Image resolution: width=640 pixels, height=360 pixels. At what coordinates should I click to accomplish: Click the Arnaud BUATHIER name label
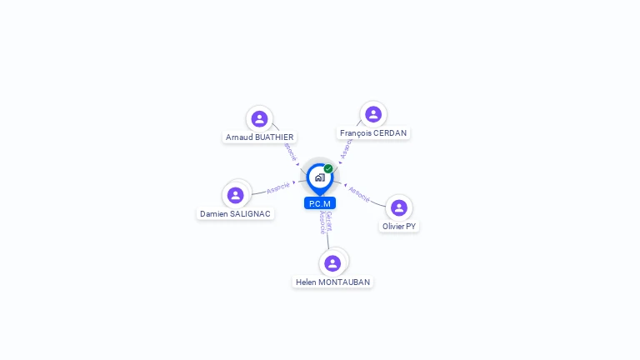click(x=259, y=137)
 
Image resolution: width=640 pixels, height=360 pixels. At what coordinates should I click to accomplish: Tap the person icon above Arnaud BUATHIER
click(x=259, y=119)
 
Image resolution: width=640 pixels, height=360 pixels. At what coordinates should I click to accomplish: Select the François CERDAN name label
click(x=374, y=132)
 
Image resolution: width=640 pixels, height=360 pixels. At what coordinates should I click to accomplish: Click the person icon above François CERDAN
click(x=373, y=114)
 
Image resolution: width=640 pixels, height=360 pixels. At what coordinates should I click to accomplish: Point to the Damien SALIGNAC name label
click(x=235, y=213)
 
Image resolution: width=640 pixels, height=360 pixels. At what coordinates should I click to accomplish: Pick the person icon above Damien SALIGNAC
click(x=236, y=195)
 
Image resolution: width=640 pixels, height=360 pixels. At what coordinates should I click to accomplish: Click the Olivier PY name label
click(x=399, y=226)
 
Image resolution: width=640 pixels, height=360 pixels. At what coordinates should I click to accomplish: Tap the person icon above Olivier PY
click(x=399, y=207)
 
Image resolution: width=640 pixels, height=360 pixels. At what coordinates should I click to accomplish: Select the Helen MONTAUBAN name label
click(x=332, y=282)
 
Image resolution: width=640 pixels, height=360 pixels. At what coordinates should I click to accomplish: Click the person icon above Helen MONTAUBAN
click(x=332, y=263)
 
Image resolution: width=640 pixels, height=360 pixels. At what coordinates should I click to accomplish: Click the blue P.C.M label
click(x=320, y=203)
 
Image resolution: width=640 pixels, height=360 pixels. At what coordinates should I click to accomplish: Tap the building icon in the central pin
click(x=319, y=177)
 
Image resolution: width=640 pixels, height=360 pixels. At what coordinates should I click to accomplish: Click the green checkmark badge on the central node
click(x=328, y=168)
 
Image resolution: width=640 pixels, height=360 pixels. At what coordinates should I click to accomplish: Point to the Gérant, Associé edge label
click(x=326, y=222)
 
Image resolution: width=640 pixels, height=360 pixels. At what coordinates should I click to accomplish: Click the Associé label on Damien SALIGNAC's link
click(x=278, y=187)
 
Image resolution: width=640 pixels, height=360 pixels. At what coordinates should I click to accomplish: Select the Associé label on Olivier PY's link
click(x=359, y=193)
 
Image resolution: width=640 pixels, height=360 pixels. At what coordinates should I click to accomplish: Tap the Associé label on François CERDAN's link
click(x=347, y=148)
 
